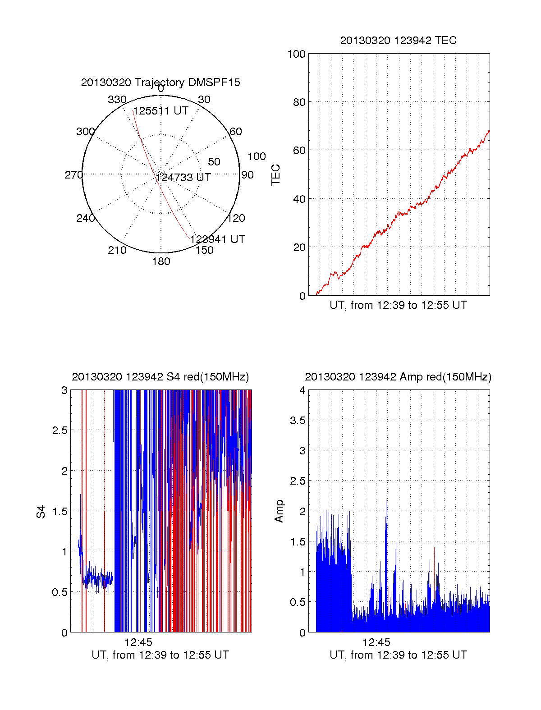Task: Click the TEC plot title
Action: (398, 41)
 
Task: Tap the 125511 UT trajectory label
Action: (160, 111)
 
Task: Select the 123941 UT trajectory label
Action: (218, 239)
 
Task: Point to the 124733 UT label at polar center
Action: (183, 178)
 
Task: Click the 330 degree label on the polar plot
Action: (117, 100)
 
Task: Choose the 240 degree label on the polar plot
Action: (85, 218)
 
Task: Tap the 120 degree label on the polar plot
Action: (236, 218)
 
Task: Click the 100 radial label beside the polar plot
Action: (257, 156)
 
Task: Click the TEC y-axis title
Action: (276, 175)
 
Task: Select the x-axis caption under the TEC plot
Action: (398, 305)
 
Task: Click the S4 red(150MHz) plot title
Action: (160, 377)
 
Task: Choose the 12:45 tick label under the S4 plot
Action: (138, 642)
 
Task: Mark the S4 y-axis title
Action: (41, 512)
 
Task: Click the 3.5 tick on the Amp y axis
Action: (298, 421)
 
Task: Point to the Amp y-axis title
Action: (279, 511)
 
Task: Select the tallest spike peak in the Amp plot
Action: (386, 500)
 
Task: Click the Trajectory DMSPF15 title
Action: (160, 82)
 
